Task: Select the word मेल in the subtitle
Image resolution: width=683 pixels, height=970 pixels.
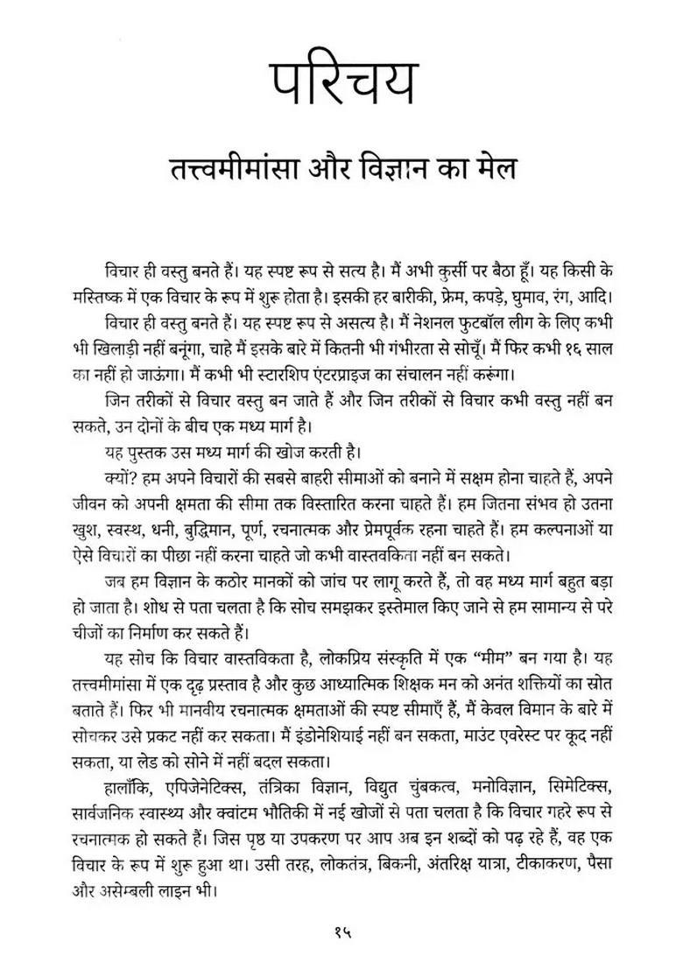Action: pos(491,169)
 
